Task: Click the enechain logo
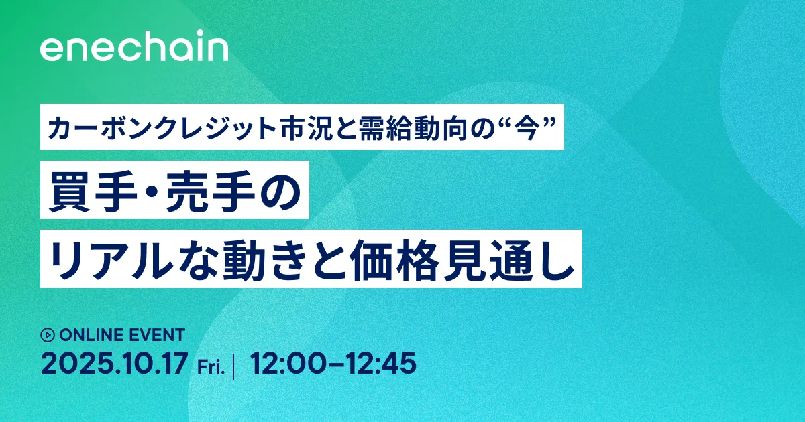134,49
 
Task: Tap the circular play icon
48,334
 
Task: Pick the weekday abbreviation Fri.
211,366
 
